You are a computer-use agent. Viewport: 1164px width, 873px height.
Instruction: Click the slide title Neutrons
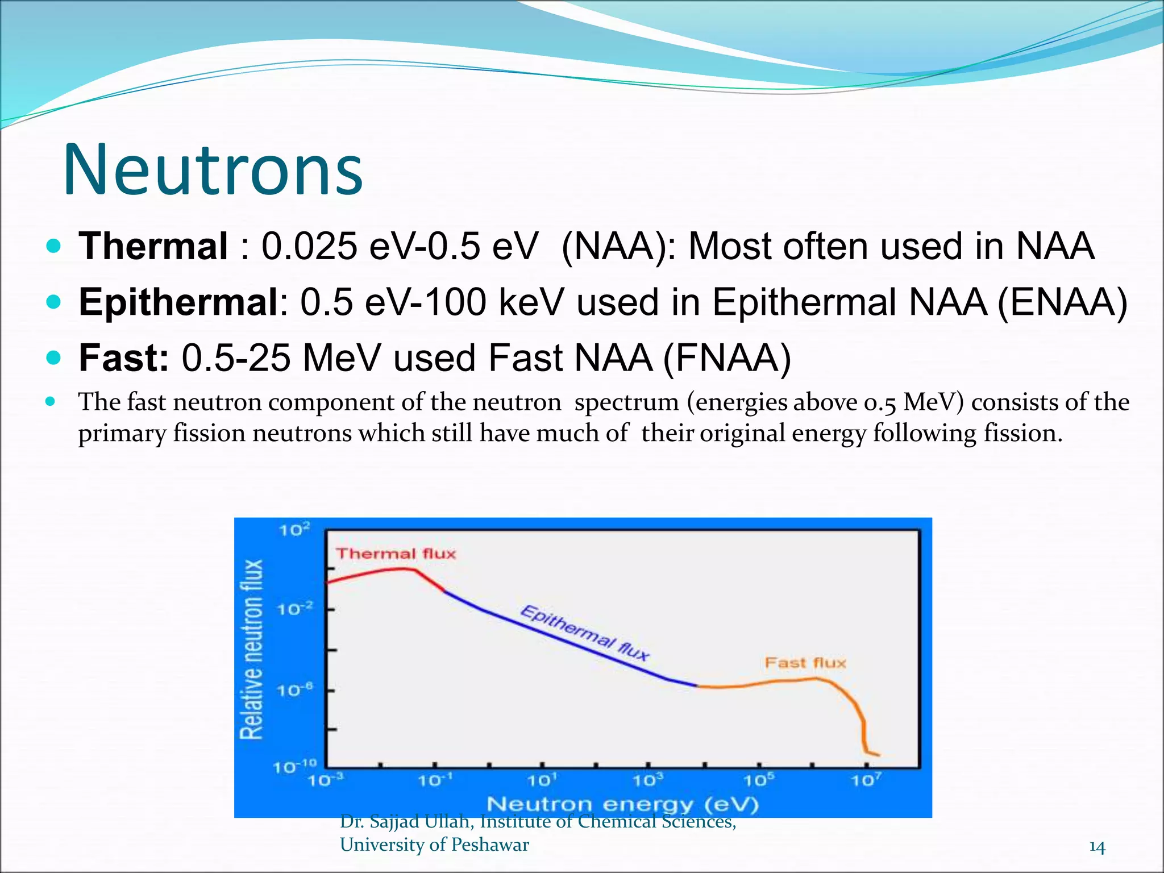tap(213, 170)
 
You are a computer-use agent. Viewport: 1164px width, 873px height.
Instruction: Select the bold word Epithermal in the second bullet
tap(178, 302)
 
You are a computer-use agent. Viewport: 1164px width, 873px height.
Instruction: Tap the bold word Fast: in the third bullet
tap(124, 358)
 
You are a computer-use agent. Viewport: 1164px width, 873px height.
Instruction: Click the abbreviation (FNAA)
tap(727, 358)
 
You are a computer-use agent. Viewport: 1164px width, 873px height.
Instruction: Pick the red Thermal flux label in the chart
tap(396, 554)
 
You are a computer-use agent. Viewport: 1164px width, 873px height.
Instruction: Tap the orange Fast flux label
tap(805, 663)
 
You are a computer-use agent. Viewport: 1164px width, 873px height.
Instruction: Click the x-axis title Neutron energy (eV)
tap(623, 804)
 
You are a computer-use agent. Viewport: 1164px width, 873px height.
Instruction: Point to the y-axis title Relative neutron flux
tap(252, 649)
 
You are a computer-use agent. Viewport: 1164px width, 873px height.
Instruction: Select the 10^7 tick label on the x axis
tap(866, 780)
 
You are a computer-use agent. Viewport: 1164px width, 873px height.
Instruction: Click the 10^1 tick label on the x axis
tap(542, 780)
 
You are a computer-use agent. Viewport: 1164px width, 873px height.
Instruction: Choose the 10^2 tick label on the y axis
tap(294, 530)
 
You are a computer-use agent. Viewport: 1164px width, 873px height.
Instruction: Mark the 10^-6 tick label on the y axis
tap(294, 690)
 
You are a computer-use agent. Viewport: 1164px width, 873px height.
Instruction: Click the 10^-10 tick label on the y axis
tap(294, 767)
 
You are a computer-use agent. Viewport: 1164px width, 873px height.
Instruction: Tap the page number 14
tap(1097, 847)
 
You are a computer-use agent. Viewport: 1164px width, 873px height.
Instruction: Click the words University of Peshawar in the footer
tap(434, 845)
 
